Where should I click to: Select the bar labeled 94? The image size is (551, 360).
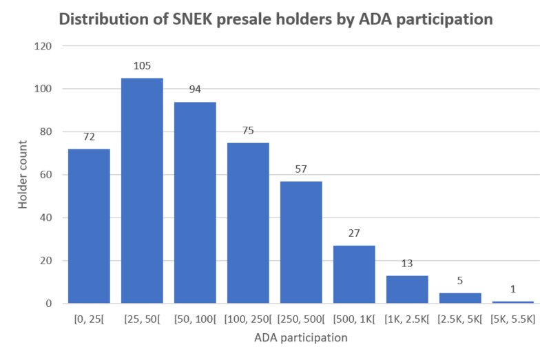pos(195,202)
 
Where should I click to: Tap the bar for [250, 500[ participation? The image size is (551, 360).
pos(301,242)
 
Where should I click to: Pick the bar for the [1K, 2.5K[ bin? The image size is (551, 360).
pos(407,289)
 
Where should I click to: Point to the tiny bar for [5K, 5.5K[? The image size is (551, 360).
pos(513,301)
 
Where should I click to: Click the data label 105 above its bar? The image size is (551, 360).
pos(142,65)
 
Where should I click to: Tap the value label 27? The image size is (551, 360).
pos(354,233)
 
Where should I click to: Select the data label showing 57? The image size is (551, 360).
pos(301,169)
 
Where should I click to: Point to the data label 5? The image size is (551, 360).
pos(460,280)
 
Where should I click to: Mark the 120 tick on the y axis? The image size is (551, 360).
pos(43,46)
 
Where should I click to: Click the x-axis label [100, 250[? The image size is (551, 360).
pos(248,319)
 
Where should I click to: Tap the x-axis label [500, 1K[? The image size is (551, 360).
pos(354,319)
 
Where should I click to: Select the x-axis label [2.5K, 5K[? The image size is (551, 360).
pos(460,319)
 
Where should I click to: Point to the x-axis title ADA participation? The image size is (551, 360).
pos(301,338)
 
